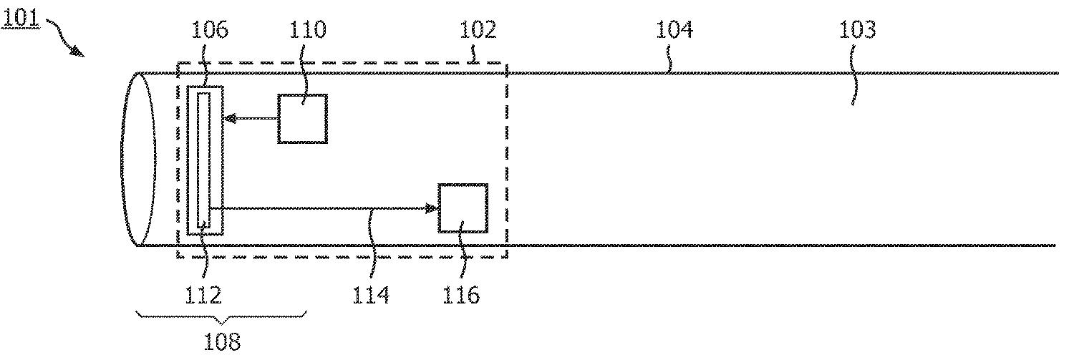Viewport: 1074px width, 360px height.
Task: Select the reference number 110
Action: pos(308,30)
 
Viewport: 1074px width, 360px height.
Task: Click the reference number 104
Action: pos(674,30)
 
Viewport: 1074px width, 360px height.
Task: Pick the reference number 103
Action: pos(858,30)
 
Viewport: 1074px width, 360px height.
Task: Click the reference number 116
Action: pos(461,294)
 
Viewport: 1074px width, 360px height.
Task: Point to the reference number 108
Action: pos(221,341)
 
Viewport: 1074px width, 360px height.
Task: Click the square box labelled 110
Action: pos(303,119)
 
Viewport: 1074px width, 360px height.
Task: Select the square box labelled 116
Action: pos(463,208)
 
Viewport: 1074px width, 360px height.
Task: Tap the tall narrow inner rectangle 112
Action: pos(204,159)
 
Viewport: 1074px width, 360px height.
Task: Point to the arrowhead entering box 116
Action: pos(432,208)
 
